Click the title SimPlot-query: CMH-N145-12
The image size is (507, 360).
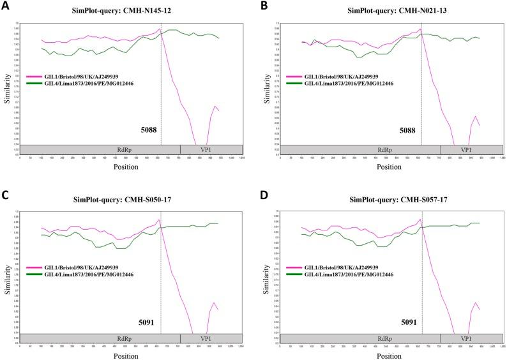pos(130,11)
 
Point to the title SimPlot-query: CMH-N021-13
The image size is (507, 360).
pos(390,11)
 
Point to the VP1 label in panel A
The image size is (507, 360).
pos(205,149)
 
